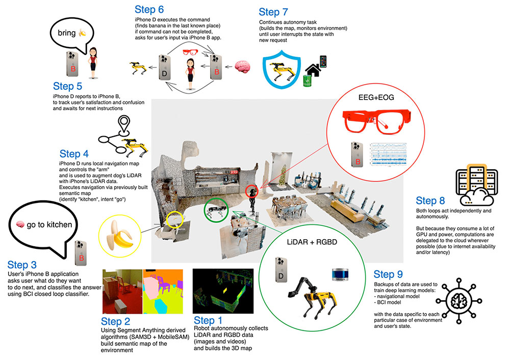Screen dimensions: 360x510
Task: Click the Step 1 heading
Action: click(x=210, y=320)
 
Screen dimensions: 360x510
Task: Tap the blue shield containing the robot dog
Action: click(x=280, y=69)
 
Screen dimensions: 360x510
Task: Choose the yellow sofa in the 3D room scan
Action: click(x=351, y=207)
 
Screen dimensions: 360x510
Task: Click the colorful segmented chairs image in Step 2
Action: click(x=163, y=291)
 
